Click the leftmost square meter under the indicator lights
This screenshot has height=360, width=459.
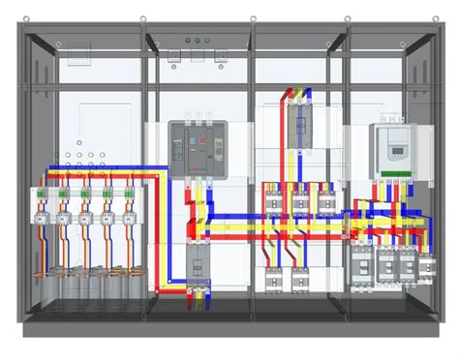click(176, 56)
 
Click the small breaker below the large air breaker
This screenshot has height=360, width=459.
click(198, 263)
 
